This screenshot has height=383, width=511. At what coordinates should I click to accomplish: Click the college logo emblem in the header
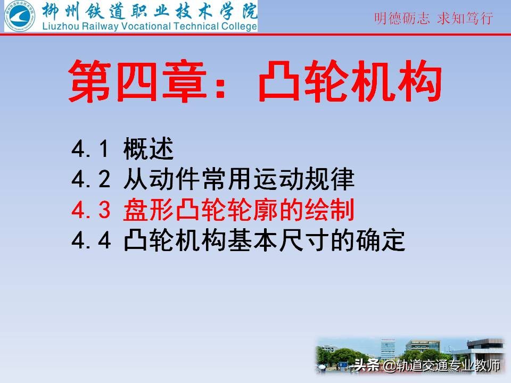(20, 16)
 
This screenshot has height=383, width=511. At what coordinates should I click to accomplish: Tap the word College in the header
(238, 26)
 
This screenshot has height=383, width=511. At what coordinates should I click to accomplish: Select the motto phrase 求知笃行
(465, 19)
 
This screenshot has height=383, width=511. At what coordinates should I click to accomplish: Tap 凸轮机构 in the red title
(350, 81)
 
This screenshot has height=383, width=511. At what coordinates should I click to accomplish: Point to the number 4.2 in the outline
(91, 181)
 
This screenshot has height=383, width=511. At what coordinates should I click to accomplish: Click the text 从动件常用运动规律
(238, 181)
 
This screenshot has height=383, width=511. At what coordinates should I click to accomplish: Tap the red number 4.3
(91, 211)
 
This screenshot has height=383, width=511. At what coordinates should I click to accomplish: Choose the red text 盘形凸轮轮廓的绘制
(238, 211)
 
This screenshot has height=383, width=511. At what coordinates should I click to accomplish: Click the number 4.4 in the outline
(91, 241)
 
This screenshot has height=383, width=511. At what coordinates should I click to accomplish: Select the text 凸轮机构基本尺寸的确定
(264, 241)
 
